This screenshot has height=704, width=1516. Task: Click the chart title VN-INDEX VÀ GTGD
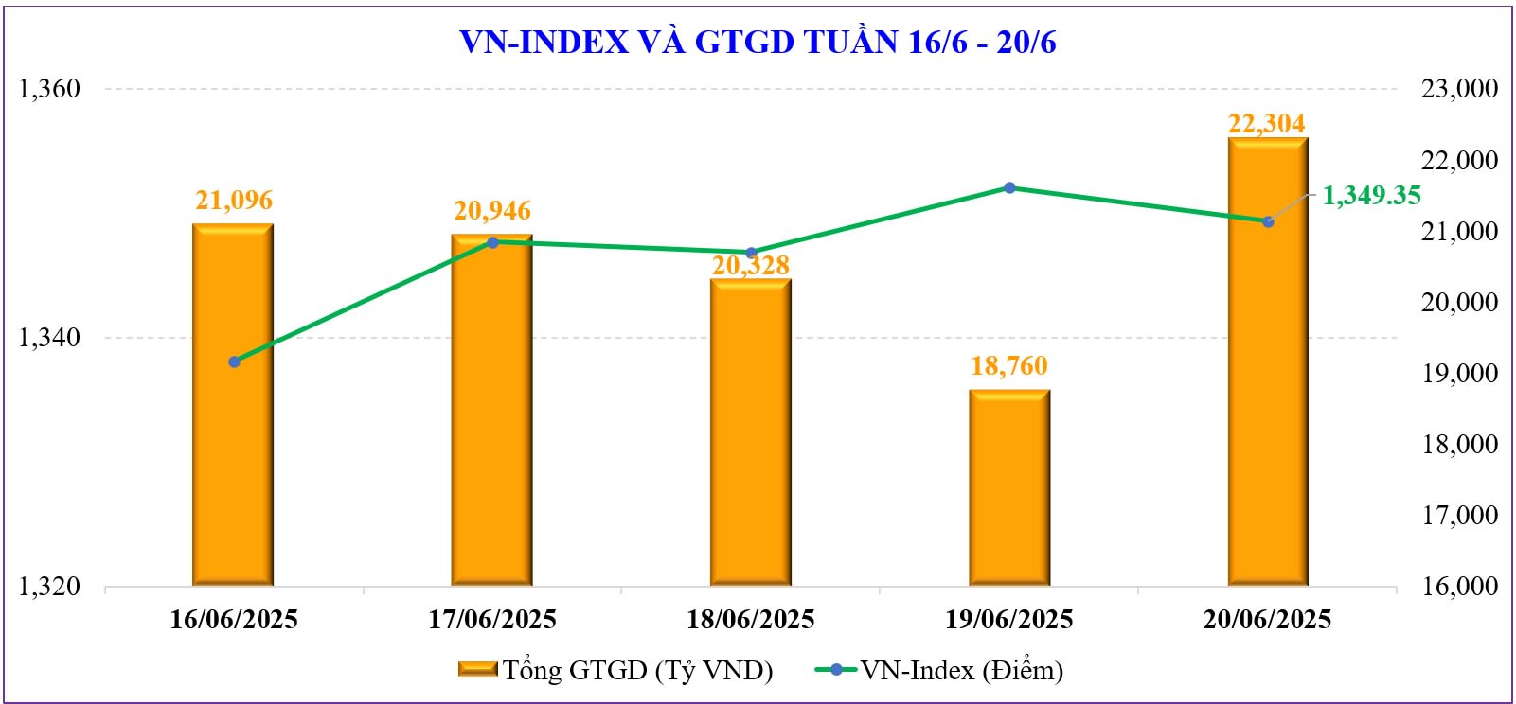point(758,42)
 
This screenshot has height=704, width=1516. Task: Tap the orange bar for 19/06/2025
point(1009,488)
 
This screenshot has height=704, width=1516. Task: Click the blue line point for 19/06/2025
point(1009,187)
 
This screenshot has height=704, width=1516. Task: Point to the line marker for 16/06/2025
point(234,361)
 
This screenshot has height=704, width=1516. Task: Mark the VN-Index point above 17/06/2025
point(492,242)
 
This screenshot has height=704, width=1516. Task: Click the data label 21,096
point(234,201)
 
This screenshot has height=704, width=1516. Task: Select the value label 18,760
point(1009,366)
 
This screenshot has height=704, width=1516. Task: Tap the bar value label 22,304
point(1267,124)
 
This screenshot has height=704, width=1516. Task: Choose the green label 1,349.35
point(1371,196)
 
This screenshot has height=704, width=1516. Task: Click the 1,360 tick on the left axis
point(50,89)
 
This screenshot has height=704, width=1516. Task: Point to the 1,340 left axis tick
point(50,338)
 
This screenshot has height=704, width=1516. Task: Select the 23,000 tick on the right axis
point(1460,89)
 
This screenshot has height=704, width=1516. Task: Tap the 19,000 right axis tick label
point(1460,373)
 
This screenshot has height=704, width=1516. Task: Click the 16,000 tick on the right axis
point(1460,587)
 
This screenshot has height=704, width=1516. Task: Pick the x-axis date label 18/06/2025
point(751,620)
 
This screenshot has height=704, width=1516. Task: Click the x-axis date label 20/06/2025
point(1268,620)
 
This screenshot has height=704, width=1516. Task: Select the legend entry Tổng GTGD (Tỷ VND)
point(615,670)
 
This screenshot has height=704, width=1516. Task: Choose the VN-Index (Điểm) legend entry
point(938,670)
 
